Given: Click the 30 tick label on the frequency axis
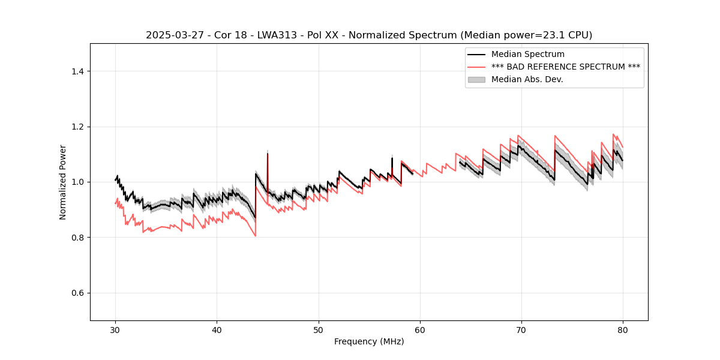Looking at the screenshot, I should (x=115, y=329).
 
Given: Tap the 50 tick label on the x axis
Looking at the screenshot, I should (x=318, y=329).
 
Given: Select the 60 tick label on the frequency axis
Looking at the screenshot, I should (x=419, y=329).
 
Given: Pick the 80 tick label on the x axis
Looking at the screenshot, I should (x=623, y=329).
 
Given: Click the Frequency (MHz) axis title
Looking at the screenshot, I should (x=369, y=341).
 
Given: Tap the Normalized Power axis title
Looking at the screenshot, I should (x=63, y=182).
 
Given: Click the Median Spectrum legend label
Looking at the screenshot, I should (x=527, y=55).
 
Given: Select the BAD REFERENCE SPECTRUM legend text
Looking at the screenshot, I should (x=565, y=67).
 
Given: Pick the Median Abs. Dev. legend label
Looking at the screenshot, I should (x=527, y=79).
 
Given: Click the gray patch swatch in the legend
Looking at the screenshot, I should (x=476, y=79).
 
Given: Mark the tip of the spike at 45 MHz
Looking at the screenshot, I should (x=268, y=153).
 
